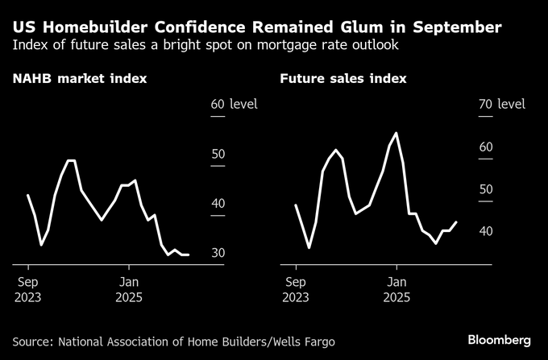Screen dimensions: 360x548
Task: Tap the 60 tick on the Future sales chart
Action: point(484,147)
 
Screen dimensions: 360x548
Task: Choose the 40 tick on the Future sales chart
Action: point(484,231)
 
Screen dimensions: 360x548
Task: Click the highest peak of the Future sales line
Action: point(396,133)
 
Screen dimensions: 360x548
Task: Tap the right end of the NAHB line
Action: point(188,255)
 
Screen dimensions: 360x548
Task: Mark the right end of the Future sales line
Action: point(456,222)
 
